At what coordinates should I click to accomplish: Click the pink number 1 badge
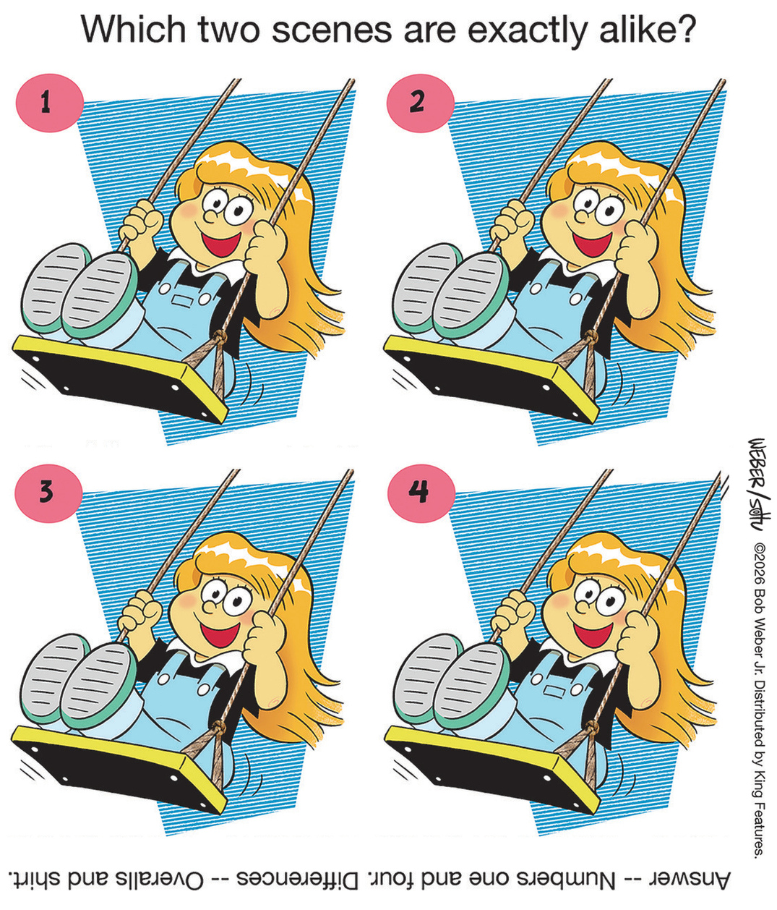pos(49,103)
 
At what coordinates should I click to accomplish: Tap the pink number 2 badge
pos(420,103)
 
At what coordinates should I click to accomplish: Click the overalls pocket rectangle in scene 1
pos(181,301)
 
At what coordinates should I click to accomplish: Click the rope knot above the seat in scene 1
pos(220,338)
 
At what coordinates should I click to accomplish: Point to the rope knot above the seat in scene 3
pos(220,728)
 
